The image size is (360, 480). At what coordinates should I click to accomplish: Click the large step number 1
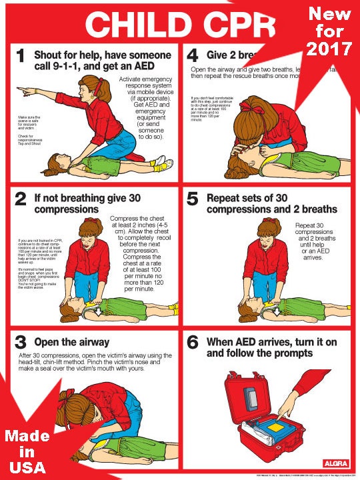[x=22, y=57]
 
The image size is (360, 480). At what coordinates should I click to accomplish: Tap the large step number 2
[x=22, y=199]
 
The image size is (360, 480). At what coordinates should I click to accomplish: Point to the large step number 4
[x=193, y=57]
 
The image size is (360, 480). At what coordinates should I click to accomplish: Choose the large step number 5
[x=193, y=199]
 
